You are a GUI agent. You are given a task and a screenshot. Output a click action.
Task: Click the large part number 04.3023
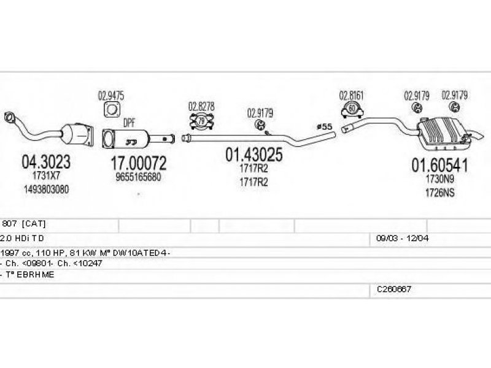click(46, 162)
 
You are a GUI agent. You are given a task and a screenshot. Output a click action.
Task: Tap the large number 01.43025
click(253, 155)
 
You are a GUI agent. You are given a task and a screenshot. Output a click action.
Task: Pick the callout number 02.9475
click(111, 95)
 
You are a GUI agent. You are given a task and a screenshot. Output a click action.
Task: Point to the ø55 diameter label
click(323, 126)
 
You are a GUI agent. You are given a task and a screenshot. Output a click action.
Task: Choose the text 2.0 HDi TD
click(22, 238)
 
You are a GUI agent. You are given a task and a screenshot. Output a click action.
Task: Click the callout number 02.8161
click(352, 95)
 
